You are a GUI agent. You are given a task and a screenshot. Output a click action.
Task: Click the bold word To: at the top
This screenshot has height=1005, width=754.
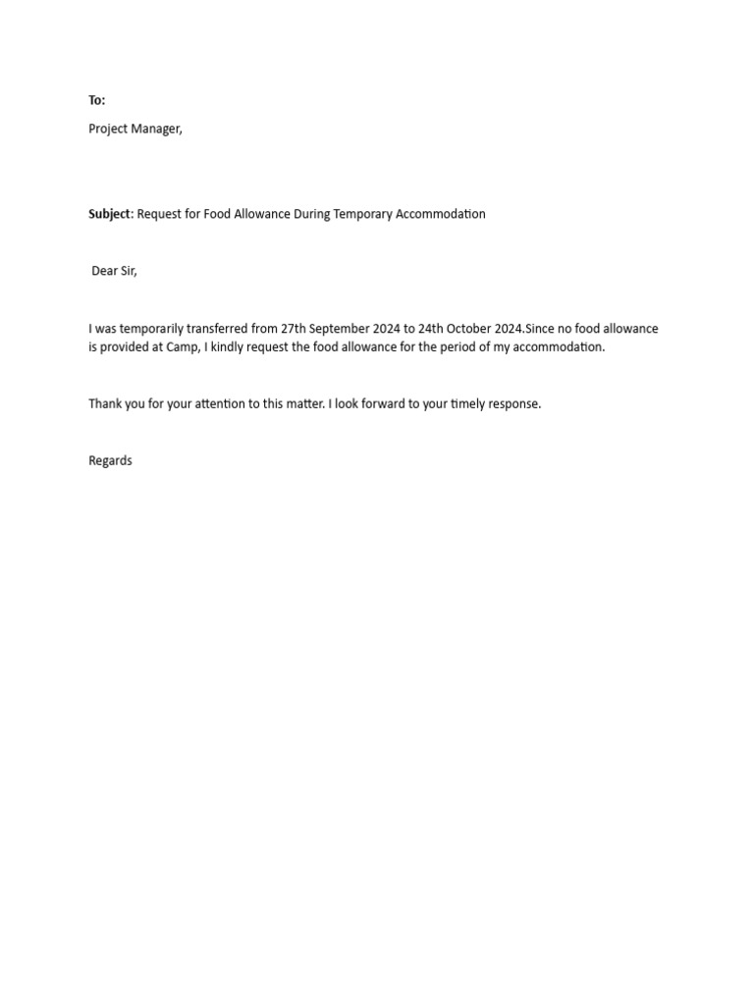(96, 100)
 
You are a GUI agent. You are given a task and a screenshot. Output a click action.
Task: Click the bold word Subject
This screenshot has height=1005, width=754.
(109, 214)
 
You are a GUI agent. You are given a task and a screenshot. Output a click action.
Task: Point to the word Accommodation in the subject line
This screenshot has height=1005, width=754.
(440, 214)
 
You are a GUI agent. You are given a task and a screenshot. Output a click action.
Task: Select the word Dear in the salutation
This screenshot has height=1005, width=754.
(104, 271)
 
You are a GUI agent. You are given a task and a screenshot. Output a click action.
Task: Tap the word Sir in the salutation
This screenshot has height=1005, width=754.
(129, 271)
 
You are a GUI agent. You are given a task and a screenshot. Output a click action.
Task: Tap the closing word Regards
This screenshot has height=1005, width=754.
(110, 460)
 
